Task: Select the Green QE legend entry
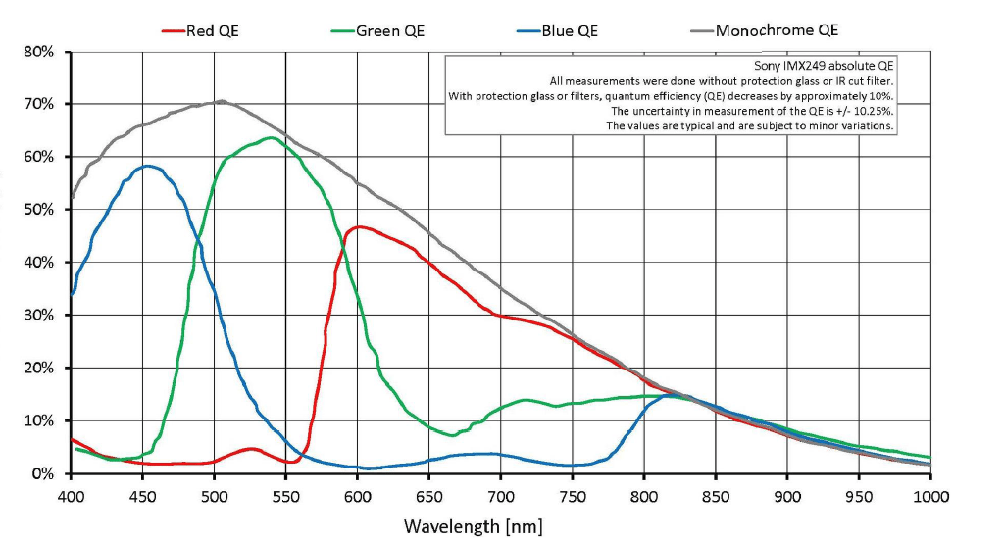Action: [382, 30]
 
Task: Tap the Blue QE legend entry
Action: [558, 30]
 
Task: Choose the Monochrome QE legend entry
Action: [764, 30]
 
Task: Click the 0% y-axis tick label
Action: [42, 474]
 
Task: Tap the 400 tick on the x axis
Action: [71, 497]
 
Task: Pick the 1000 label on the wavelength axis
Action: [929, 497]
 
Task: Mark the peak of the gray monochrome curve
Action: [221, 101]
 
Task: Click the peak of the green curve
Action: [268, 137]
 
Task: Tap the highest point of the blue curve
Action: [148, 166]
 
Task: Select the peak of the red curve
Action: [359, 227]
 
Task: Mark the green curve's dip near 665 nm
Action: [450, 435]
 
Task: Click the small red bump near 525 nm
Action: [251, 449]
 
